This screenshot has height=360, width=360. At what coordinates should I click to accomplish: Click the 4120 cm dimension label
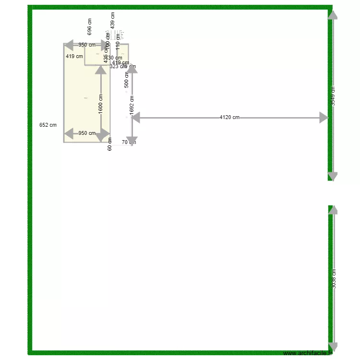click(229, 117)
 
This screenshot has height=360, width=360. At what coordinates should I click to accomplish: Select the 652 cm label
click(48, 125)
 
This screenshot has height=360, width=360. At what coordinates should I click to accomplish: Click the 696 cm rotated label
click(89, 27)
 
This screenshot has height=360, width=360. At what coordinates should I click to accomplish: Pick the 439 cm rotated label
click(113, 20)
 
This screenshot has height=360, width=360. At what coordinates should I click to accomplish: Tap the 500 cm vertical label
click(127, 80)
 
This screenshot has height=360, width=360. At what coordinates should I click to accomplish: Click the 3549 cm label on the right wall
click(333, 96)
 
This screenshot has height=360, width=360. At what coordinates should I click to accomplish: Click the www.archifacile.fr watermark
click(308, 354)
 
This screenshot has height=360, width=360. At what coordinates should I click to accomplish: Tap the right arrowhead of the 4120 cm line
click(324, 118)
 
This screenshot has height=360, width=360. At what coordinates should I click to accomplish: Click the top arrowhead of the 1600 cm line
click(100, 70)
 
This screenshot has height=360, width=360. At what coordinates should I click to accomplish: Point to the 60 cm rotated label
click(109, 144)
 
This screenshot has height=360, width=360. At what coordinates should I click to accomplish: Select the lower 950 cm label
click(87, 133)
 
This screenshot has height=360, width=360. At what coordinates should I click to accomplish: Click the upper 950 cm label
click(87, 45)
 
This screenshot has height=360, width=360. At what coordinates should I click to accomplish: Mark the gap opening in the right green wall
click(330, 193)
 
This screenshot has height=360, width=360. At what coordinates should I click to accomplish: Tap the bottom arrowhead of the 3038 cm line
click(333, 348)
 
